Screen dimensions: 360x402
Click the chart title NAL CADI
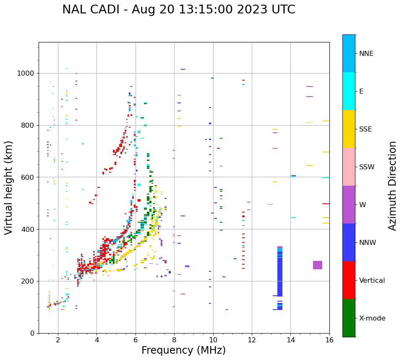coord(178,10)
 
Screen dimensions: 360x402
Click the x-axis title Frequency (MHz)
coord(183,350)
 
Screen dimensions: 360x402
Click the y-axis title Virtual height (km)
coord(9,188)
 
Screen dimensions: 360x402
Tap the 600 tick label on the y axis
coord(27,177)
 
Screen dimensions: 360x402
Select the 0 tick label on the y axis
coord(32,333)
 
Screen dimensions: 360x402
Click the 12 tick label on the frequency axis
coord(252,340)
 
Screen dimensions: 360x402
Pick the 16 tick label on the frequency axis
coord(329,340)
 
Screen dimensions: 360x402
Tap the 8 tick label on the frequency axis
coord(174,340)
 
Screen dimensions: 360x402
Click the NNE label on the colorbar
coord(366,54)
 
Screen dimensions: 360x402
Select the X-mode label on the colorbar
coord(372,318)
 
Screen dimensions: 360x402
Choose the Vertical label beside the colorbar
coord(372,281)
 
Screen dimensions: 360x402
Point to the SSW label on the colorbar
coord(367,167)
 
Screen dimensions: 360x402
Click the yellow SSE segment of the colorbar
coord(349,129)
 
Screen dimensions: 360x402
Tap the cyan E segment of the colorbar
coord(349,91)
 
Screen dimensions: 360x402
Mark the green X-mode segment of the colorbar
coord(349,318)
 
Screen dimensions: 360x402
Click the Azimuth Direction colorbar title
coord(392,186)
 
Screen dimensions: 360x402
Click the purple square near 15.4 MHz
coord(318,265)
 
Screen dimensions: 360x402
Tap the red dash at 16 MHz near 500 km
coord(326,204)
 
